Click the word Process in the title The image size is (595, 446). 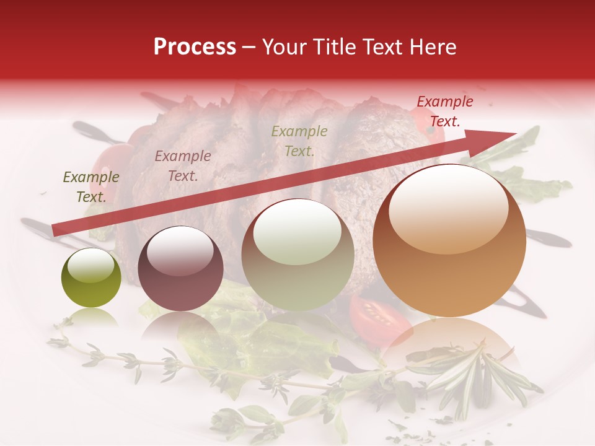click(195, 47)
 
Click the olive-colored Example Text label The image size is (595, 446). click(91, 187)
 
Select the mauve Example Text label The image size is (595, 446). click(183, 166)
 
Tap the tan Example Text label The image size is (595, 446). click(299, 141)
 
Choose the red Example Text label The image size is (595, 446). click(444, 111)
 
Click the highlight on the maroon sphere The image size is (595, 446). click(180, 251)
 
